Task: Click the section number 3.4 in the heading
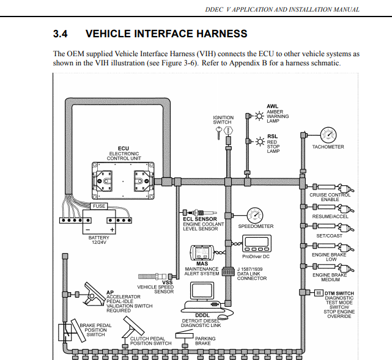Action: coord(61,34)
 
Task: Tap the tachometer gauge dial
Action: coord(328,135)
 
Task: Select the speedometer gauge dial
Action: coord(255,215)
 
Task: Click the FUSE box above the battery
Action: coord(99,206)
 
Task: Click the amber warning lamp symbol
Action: coord(259,114)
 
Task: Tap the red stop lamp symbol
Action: coord(259,142)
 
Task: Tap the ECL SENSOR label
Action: coord(200,218)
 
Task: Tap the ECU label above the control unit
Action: coord(124,149)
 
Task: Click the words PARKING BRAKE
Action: coord(205,340)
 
